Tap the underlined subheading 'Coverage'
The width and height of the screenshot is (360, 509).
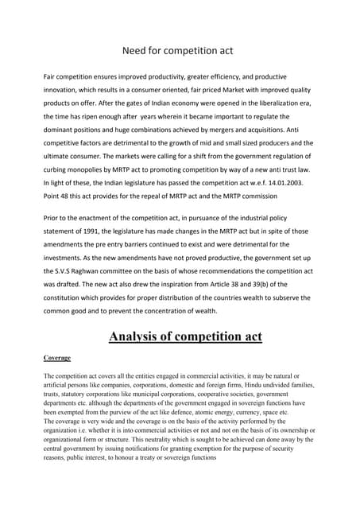click(56, 359)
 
